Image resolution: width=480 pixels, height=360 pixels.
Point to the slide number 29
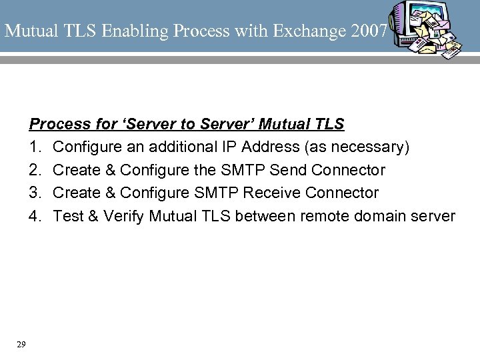[21, 344]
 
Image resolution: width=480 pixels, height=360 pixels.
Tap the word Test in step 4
[67, 217]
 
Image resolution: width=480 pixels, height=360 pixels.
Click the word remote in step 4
[324, 217]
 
